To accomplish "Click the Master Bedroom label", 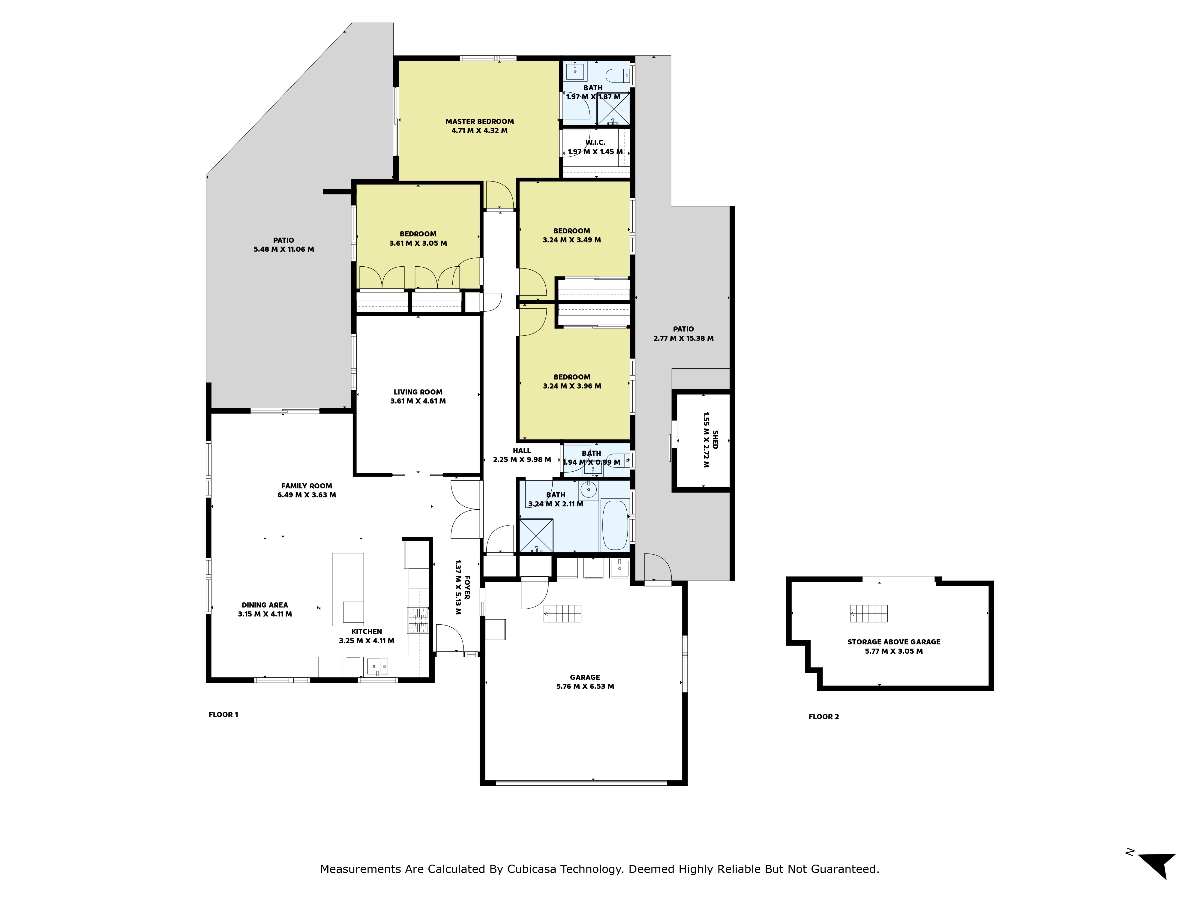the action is [x=480, y=121].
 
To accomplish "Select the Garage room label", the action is [x=585, y=677].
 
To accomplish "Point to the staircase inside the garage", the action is [x=562, y=613].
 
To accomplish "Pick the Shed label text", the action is [x=715, y=439].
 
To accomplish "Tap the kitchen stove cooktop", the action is [x=418, y=620].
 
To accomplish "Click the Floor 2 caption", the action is [x=823, y=717].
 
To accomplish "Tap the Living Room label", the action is [x=418, y=392].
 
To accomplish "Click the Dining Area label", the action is [x=265, y=605].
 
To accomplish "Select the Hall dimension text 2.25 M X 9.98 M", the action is [x=522, y=460].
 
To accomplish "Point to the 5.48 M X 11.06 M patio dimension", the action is [x=284, y=250].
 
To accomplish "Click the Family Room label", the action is [x=307, y=486].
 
